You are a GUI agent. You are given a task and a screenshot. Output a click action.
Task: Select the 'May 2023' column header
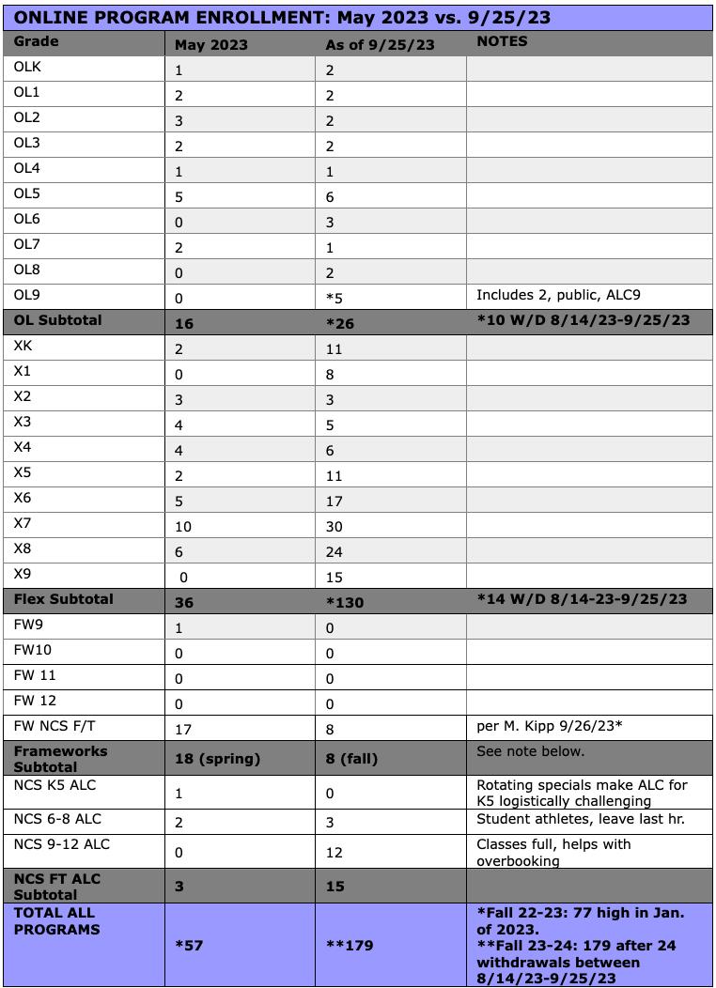click(x=211, y=44)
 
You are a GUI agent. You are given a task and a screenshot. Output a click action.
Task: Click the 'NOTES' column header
click(x=502, y=41)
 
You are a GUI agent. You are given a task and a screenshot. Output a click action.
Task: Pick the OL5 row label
click(x=27, y=193)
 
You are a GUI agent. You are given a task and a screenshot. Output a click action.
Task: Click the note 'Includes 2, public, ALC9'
click(x=559, y=295)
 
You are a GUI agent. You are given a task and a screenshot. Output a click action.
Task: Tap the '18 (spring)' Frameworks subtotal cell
click(x=218, y=759)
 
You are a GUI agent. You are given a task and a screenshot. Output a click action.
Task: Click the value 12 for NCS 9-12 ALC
click(x=335, y=853)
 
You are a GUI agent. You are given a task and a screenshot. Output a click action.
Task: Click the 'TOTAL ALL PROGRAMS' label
click(x=54, y=921)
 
